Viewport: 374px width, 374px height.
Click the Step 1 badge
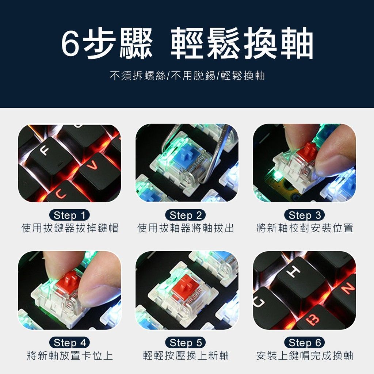coord(69,215)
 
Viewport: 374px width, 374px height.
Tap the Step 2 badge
coord(185,215)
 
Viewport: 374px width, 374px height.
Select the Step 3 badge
coord(304,215)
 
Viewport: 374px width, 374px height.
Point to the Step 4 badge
coord(69,343)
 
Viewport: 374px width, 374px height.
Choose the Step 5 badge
coord(185,343)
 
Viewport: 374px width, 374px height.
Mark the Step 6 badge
coord(304,343)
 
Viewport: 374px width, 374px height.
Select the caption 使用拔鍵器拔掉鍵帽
coord(70,228)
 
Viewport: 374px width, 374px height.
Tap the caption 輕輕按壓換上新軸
coord(186,356)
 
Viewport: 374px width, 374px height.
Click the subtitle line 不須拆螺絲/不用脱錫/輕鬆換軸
coord(187,76)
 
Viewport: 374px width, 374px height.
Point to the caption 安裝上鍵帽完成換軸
coord(304,356)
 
